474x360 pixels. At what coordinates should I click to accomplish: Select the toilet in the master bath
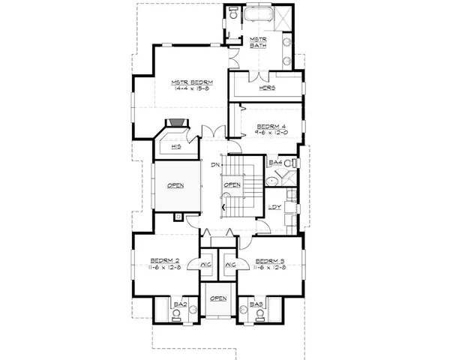[x=234, y=14]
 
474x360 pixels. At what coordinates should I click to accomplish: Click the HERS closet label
[x=268, y=88]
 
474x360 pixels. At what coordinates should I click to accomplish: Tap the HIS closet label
[x=175, y=147]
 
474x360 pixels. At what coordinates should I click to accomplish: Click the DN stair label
[x=214, y=164]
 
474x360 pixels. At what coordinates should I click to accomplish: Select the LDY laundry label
[x=275, y=208]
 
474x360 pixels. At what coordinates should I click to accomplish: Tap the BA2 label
[x=180, y=304]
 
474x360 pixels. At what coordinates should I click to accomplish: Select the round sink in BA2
[x=177, y=318]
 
